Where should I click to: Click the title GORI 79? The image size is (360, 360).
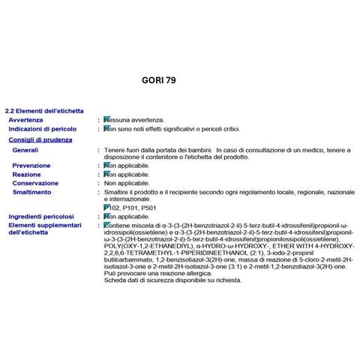coord(158,78)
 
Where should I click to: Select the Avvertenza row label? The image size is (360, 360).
coord(25,120)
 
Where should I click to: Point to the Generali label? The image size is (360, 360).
coord(26,150)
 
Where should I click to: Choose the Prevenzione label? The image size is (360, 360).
coord(31,166)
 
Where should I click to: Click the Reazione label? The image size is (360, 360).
coord(27,174)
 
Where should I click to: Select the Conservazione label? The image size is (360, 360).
coord(35,183)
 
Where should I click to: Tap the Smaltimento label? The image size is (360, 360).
coord(32,192)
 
